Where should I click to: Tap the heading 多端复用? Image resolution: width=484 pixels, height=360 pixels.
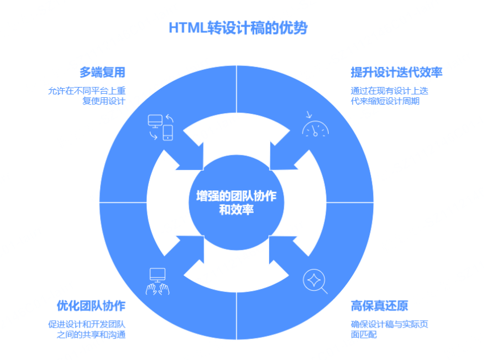[102, 72]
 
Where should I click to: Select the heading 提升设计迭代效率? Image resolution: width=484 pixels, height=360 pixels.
[396, 72]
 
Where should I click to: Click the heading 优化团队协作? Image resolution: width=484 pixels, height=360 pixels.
[91, 305]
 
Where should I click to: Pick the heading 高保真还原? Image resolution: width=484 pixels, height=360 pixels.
[379, 305]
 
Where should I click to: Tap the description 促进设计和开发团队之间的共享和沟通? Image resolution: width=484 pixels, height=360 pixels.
[86, 329]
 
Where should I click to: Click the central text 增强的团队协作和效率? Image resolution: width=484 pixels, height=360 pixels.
[237, 202]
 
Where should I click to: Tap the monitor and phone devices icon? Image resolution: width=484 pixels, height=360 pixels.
[160, 127]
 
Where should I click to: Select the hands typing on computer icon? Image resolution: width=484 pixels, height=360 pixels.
[158, 282]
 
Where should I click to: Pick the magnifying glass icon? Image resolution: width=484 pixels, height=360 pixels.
[315, 280]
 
